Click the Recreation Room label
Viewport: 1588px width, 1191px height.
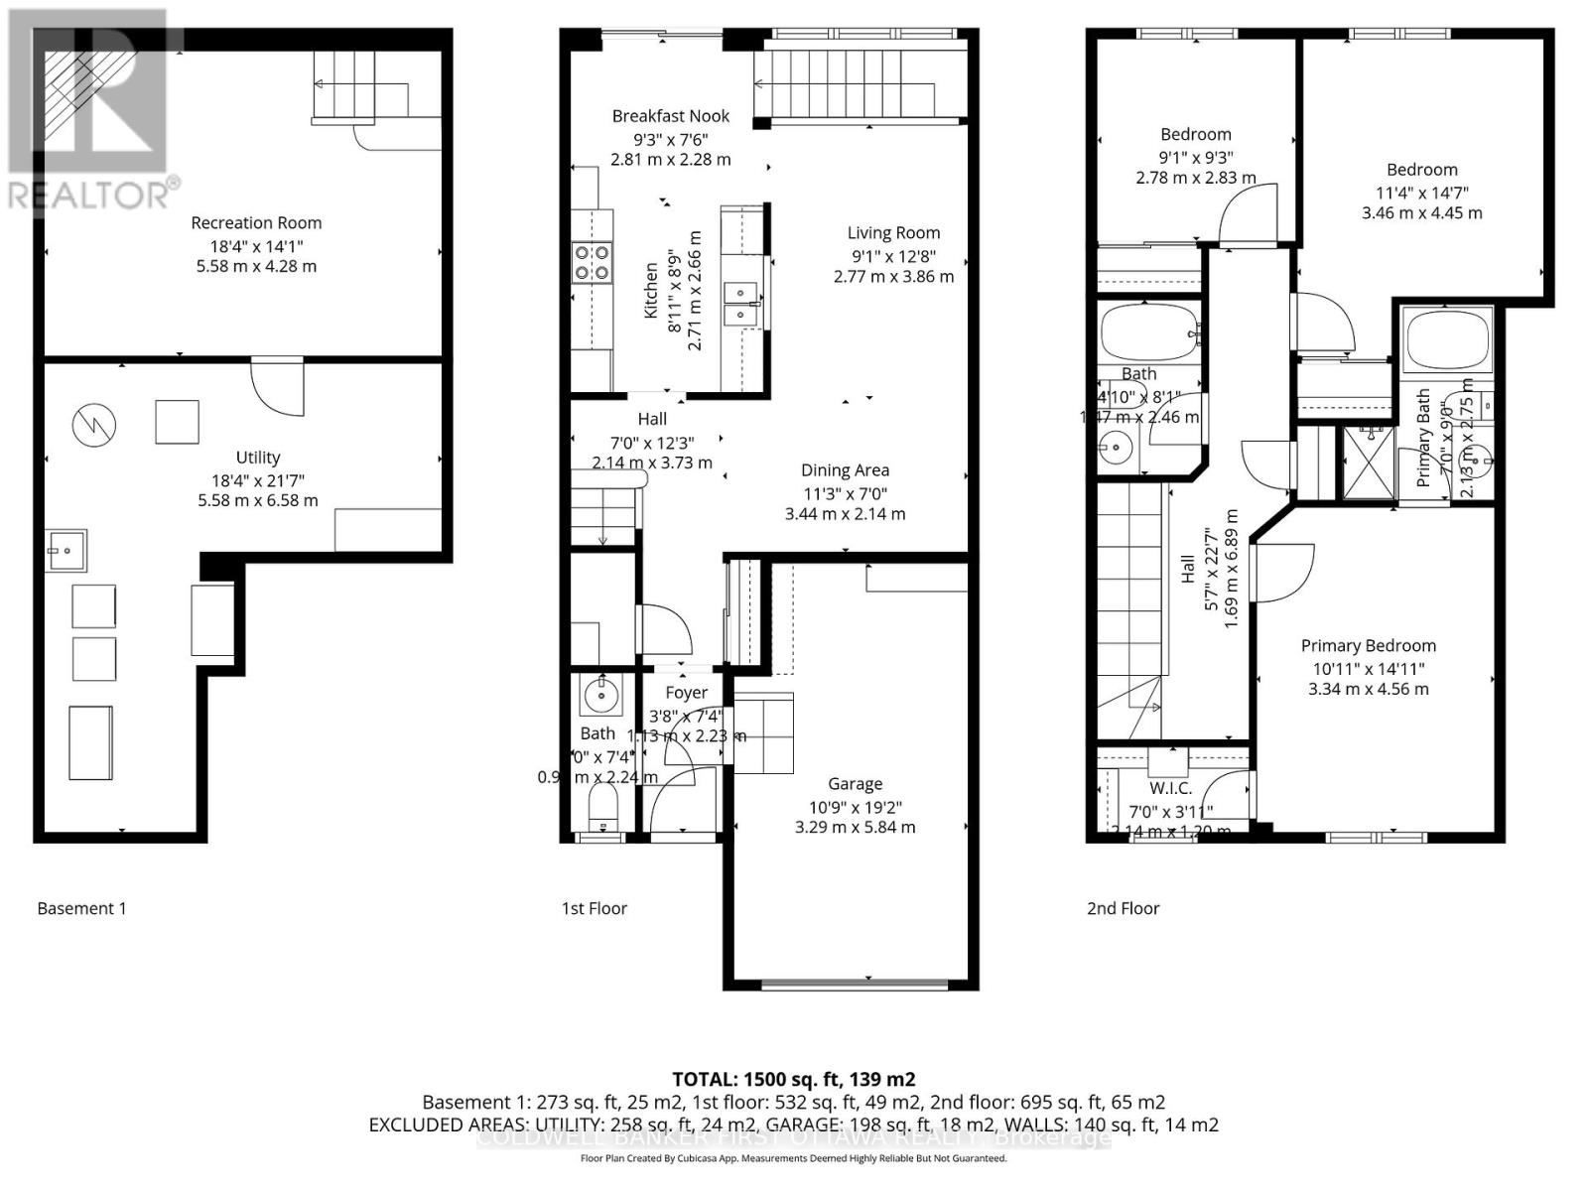256,223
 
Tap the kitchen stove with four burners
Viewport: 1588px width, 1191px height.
592,263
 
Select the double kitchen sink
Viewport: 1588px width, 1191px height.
740,304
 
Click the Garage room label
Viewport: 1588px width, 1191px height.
855,784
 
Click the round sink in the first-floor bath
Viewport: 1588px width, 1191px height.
601,695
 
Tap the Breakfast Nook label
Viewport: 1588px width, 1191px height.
670,116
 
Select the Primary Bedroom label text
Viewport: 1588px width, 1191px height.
1368,646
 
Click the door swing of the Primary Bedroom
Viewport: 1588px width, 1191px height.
1282,574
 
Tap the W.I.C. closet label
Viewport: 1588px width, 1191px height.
1171,788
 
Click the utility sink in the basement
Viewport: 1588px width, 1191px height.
66,550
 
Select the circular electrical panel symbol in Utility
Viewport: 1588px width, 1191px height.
94,427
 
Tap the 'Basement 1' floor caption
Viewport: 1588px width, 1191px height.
81,908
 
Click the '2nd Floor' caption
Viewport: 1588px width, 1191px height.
1123,908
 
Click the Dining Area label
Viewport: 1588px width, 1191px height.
845,470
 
